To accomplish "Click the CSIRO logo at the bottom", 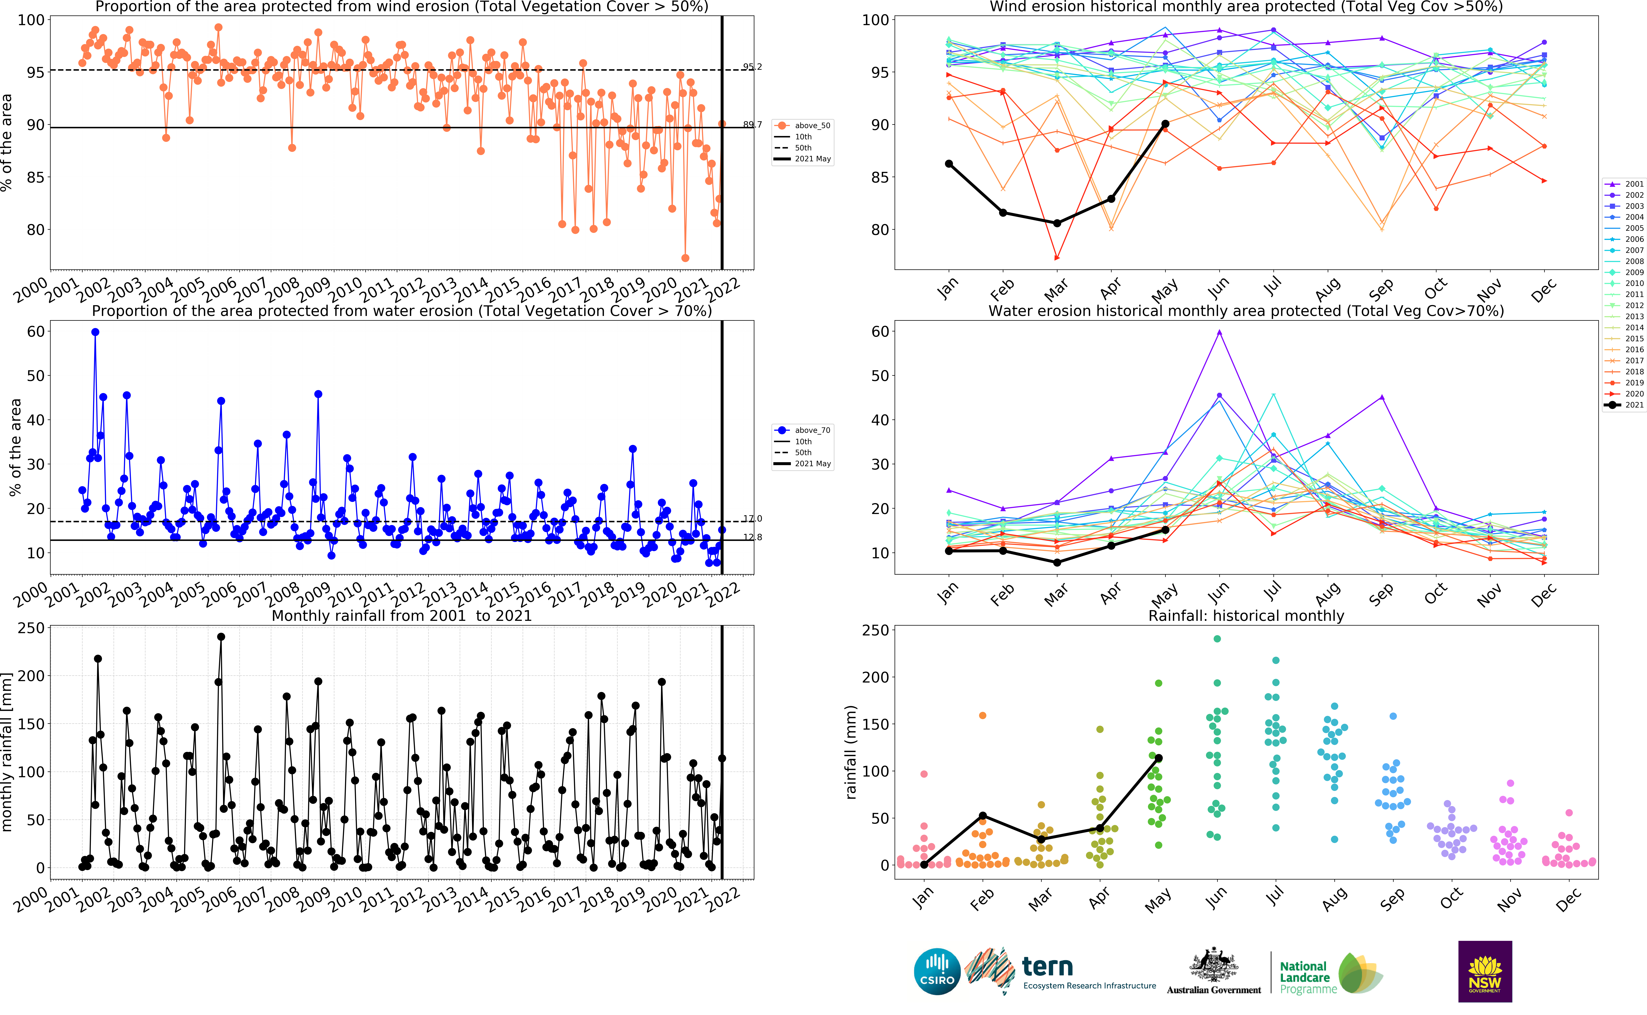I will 937,971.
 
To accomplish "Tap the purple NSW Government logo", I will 1485,971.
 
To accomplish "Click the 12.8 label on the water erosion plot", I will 752,537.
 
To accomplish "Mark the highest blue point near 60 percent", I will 95,332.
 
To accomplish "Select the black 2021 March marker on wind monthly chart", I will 1057,223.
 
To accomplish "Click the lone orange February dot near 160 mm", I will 983,716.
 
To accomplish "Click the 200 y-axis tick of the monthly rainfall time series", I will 31,676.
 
